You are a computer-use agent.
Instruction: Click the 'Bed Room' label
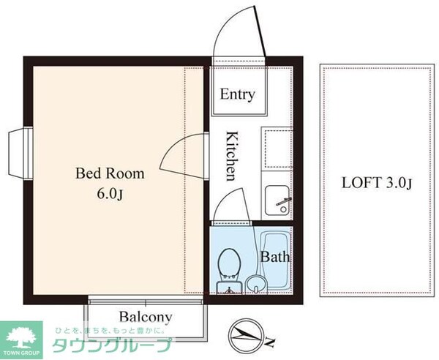(x=110, y=174)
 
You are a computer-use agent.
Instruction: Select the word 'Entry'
(x=237, y=94)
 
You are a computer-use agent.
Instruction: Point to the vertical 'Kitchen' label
(x=230, y=155)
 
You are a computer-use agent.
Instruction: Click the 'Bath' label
(x=276, y=257)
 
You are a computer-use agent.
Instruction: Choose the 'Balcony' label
(x=146, y=318)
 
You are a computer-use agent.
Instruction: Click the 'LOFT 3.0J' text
(x=378, y=183)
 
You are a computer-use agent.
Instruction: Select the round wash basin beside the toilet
(x=255, y=282)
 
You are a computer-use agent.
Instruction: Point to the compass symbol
(x=245, y=335)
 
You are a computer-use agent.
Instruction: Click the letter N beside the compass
(x=269, y=342)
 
